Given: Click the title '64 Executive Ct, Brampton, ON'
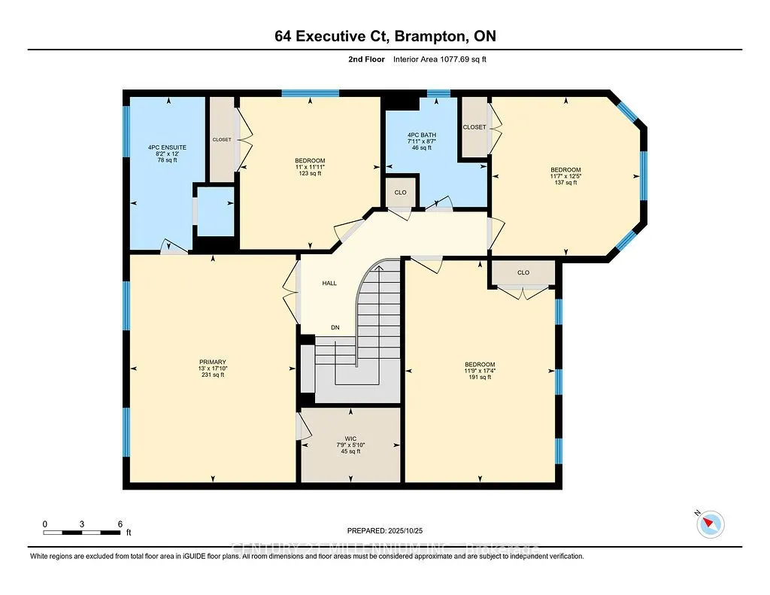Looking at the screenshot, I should [x=384, y=36].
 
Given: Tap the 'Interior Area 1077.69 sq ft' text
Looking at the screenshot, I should [x=440, y=59].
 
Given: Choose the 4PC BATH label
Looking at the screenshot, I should [x=421, y=141].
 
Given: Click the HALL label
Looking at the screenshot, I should [x=329, y=284].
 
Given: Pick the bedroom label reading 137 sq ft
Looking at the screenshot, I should [x=565, y=176].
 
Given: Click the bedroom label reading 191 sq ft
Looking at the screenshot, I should [x=480, y=370].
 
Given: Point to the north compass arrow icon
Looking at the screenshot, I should [x=710, y=524].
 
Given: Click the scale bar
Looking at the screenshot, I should [x=82, y=533].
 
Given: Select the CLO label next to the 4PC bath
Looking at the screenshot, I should [x=400, y=193].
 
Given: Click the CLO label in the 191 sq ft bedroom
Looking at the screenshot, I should [x=523, y=272].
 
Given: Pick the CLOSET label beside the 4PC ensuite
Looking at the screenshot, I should [x=222, y=139].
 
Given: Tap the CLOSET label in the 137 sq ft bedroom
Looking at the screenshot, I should [x=474, y=127].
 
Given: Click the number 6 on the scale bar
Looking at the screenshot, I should [x=120, y=524].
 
